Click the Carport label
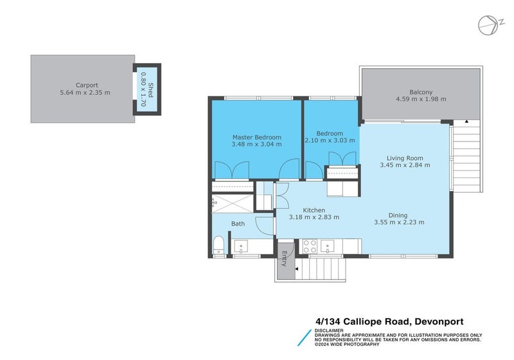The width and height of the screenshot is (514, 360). tap(87, 84)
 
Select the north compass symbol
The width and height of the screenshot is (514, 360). tap(489, 24)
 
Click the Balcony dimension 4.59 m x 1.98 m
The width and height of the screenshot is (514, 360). tap(421, 100)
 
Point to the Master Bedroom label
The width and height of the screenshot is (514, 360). tap(256, 137)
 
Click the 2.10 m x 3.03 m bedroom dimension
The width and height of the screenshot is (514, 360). tap(330, 141)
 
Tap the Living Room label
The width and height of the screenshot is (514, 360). tap(405, 157)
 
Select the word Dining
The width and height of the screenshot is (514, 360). tap(399, 215)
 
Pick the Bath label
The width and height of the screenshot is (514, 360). tap(238, 224)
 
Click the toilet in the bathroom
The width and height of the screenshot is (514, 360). tap(218, 244)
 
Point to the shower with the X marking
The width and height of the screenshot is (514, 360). tap(234, 202)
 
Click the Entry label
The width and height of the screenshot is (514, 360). tap(283, 258)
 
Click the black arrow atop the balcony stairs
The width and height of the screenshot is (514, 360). tap(467, 120)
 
